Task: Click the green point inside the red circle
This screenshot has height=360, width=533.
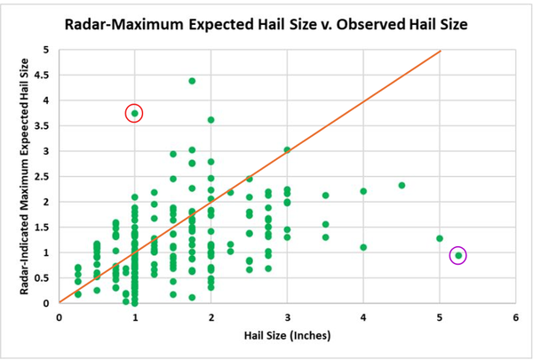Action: (134, 113)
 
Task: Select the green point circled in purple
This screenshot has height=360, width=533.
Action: (458, 256)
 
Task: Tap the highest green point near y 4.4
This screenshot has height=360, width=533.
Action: (192, 81)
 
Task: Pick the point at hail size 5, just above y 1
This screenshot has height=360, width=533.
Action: (440, 238)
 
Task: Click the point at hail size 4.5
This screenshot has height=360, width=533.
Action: (402, 186)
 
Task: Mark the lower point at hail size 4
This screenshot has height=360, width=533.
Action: (363, 247)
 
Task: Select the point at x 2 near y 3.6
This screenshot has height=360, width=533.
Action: (211, 120)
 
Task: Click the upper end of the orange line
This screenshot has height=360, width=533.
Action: (441, 51)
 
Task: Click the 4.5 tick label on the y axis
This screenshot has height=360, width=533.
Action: (45, 75)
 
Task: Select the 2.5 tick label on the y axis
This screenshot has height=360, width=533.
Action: (45, 177)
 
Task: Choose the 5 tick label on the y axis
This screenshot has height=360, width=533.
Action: (50, 50)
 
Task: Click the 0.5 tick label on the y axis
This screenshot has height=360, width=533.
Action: (45, 278)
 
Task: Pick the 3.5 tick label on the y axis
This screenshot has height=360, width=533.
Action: (45, 126)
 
